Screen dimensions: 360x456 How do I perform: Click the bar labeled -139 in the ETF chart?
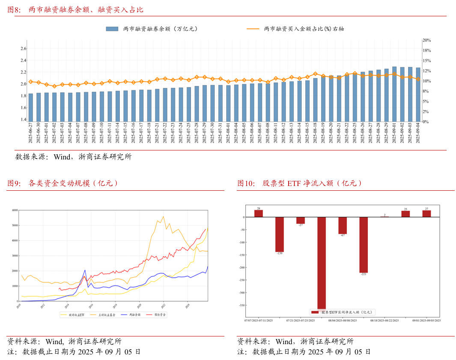pos(280,234)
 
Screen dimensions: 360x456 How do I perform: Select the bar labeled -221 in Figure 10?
pos(364,245)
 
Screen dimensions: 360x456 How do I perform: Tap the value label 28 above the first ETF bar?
pos(259,208)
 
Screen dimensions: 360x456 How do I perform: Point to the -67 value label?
pos(343,235)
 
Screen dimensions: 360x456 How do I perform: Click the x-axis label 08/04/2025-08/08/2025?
pos(343,320)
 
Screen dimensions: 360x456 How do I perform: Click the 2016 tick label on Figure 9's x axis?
pos(90,306)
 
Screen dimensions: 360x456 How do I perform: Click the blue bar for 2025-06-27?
pos(30,107)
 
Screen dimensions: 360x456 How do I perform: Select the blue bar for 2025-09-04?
pos(418,94)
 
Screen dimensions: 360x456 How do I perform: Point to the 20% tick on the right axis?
pos(426,40)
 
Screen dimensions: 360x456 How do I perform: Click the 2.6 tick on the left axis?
pos(24,48)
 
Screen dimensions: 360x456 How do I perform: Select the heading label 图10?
pos(246,183)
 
